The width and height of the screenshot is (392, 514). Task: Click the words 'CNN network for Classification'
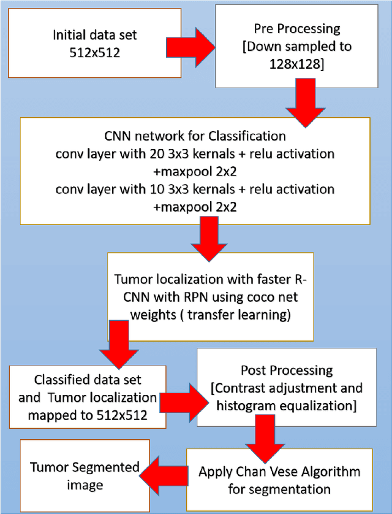click(x=195, y=135)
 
